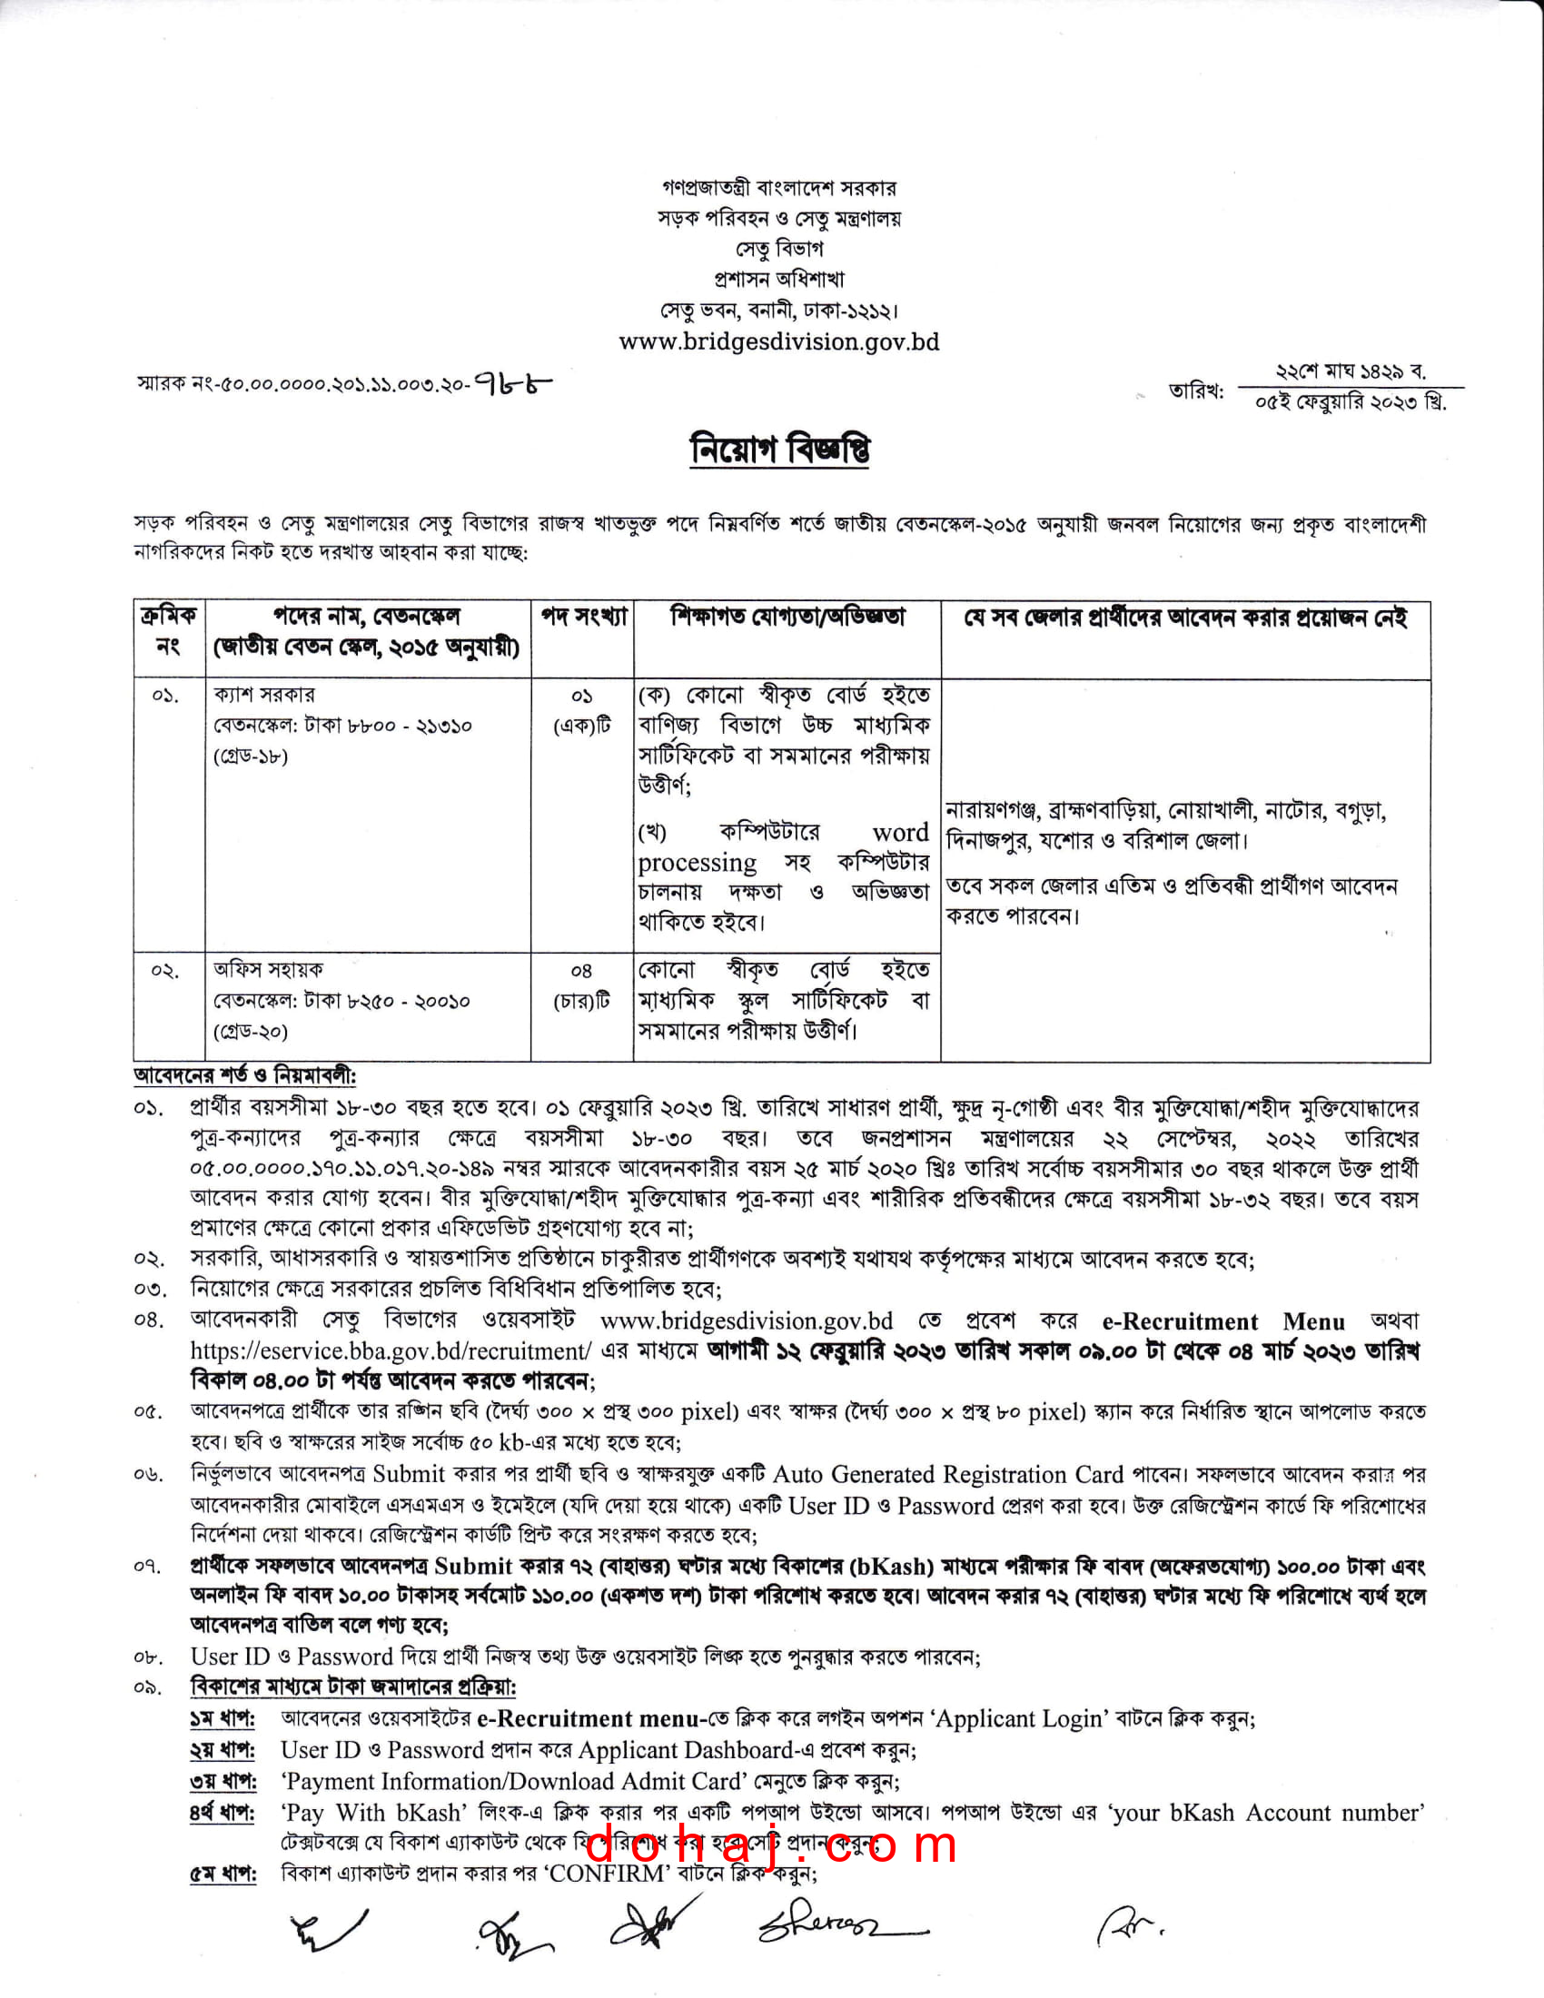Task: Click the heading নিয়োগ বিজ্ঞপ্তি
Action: coord(779,450)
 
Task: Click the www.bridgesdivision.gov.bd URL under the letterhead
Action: coord(778,341)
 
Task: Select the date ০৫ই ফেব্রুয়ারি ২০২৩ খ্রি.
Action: coord(1350,402)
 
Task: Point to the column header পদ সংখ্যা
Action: coord(583,618)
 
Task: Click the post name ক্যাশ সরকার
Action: coord(264,696)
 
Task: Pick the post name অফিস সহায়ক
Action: coord(268,970)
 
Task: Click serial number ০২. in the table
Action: coord(165,971)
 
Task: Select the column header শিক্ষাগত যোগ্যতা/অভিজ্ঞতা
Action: coord(787,618)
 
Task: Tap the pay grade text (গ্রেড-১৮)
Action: coord(251,757)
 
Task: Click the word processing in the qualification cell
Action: coord(697,863)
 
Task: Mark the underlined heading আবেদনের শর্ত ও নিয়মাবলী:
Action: coord(245,1076)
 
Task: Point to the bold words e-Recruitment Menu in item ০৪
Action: coord(1223,1321)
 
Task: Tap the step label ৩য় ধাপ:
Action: coord(223,1781)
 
